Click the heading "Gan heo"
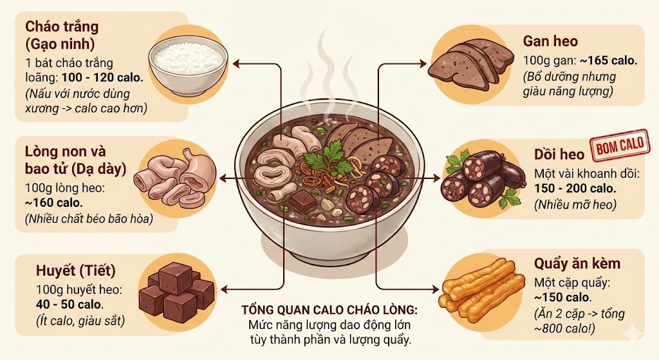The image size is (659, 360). point(550,42)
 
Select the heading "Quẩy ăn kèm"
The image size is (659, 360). point(577,264)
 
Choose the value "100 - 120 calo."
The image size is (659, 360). point(102,78)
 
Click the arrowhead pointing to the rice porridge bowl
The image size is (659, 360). point(235,63)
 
